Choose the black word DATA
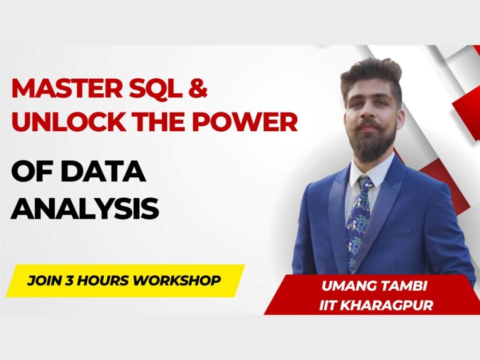103,172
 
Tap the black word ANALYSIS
85,209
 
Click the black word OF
33,172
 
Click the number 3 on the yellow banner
69,280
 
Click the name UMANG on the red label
346,286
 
